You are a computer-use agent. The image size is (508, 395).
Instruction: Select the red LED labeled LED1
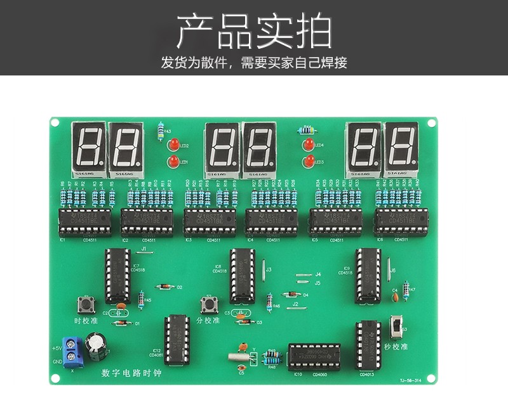171,163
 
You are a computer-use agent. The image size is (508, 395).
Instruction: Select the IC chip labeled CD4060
314,357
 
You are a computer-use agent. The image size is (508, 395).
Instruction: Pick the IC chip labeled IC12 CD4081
177,340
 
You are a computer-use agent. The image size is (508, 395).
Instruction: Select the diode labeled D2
164,287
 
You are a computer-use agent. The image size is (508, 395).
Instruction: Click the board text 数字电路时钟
131,373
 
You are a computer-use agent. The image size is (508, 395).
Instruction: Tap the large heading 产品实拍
253,32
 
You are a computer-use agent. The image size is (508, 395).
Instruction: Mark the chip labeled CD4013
368,346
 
